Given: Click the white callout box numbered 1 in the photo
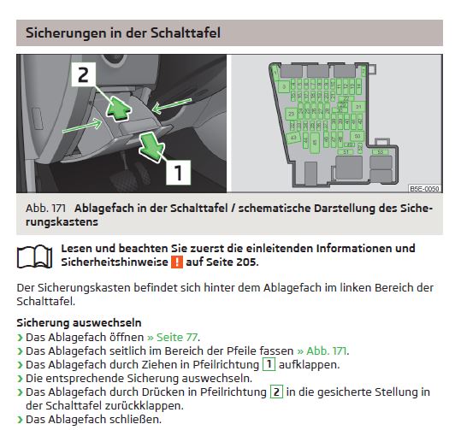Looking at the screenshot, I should [x=177, y=173].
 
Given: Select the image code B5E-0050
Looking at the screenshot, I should [x=423, y=188].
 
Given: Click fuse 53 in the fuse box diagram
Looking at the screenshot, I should [x=381, y=151].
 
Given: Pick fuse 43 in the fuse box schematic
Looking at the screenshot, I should [x=293, y=138].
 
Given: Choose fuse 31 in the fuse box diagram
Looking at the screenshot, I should [x=294, y=125].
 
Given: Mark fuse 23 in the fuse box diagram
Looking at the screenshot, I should [x=292, y=113].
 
